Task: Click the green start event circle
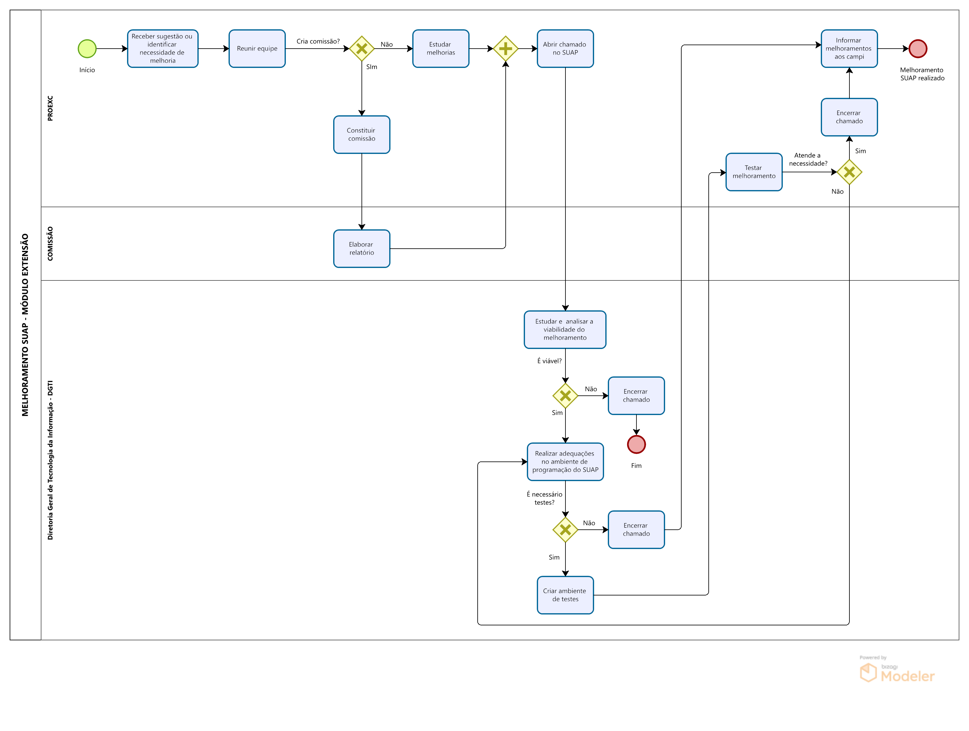87,49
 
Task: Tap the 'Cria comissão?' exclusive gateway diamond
362,49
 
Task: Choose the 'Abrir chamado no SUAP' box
565,49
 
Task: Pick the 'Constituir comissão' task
362,135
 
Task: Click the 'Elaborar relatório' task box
362,248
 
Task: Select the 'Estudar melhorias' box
440,49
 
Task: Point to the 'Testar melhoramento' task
754,172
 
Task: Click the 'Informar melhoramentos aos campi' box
849,49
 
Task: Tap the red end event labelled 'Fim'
636,444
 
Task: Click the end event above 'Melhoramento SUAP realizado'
918,49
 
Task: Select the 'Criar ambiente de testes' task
565,595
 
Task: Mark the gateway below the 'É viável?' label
565,396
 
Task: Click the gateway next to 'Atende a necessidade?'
849,172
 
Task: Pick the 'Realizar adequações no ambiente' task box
565,461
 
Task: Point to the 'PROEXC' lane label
50,108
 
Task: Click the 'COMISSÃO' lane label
50,244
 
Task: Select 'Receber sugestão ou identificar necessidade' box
163,49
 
